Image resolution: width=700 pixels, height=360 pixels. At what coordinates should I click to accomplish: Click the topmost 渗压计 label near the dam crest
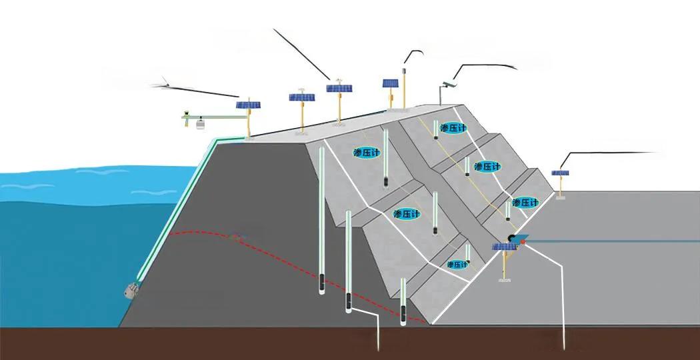[453, 128]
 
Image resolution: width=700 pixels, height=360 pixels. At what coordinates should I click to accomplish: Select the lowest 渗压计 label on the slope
[457, 265]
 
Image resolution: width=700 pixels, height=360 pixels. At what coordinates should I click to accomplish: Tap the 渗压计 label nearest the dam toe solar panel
[525, 202]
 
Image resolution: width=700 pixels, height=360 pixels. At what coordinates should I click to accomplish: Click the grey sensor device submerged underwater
[131, 289]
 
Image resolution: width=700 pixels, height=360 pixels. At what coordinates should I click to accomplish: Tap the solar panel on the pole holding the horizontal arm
[249, 105]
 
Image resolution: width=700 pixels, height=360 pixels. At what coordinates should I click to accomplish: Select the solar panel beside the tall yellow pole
[391, 84]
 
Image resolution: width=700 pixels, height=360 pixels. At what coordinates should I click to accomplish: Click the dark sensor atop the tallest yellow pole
[404, 67]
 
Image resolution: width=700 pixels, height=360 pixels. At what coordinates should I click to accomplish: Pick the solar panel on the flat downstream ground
[561, 173]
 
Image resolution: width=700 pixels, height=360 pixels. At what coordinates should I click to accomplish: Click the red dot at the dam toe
[524, 242]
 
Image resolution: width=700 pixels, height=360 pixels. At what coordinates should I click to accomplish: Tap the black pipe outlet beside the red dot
[512, 238]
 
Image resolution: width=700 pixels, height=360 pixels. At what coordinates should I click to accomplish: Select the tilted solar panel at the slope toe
[505, 247]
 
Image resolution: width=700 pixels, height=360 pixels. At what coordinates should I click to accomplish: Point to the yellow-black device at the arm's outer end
[186, 114]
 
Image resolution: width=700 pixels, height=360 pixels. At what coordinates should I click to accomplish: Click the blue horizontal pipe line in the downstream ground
[613, 241]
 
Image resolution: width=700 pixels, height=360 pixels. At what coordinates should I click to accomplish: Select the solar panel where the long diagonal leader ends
[339, 88]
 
